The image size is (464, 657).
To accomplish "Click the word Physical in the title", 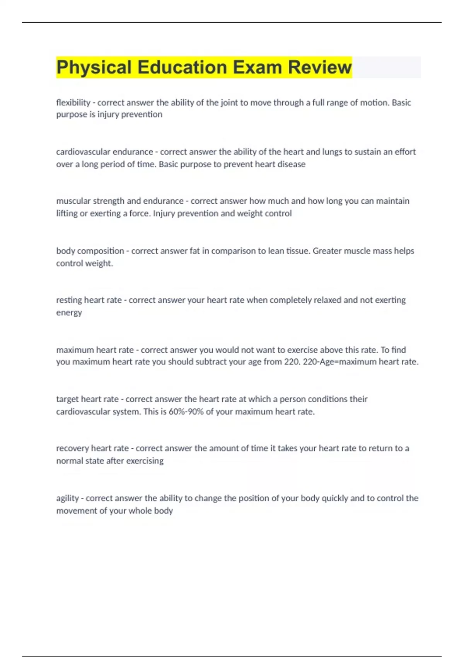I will [x=94, y=67].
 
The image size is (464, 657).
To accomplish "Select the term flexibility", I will [x=73, y=102].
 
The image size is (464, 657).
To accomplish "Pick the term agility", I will [x=67, y=498].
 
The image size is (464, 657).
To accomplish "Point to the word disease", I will [x=291, y=164].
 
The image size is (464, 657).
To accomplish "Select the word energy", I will [x=69, y=313].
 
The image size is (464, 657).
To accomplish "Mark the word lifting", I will [x=67, y=213].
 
